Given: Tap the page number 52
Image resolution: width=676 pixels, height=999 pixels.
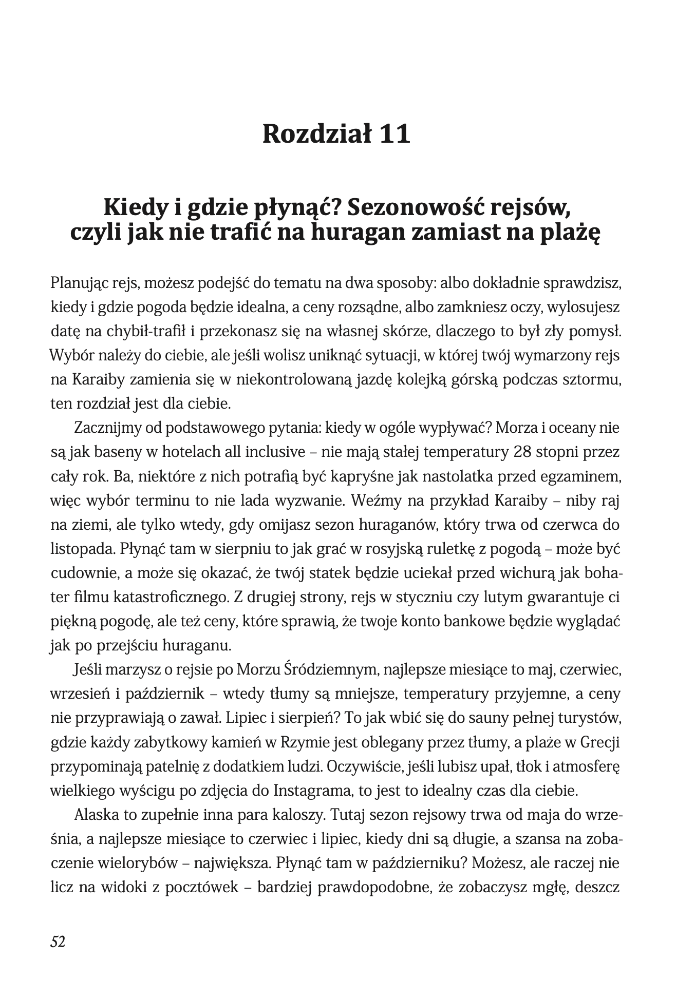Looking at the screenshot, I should click(x=58, y=941).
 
